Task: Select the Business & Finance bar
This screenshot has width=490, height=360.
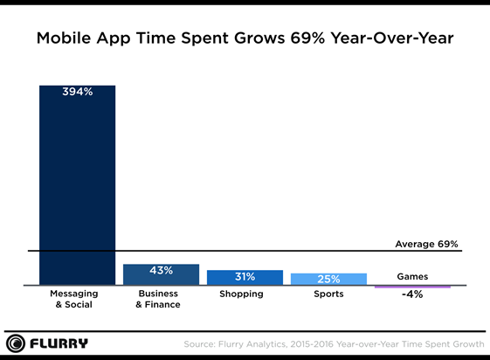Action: point(161,274)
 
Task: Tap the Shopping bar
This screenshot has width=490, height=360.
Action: point(245,277)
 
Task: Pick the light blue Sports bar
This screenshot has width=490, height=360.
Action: point(328,279)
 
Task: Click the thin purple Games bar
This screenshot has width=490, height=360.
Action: point(412,287)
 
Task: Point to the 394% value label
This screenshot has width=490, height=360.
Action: point(77,92)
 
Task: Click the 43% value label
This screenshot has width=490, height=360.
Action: point(161,271)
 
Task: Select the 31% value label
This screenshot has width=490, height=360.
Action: point(245,277)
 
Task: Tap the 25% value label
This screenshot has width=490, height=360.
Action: point(328,279)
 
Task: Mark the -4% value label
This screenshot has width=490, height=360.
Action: point(412,294)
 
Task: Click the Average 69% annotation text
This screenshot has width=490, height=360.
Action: point(426,244)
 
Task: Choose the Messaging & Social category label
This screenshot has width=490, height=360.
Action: point(77,299)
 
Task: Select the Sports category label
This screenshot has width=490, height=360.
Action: point(328,294)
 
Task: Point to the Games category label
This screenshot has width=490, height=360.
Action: point(412,276)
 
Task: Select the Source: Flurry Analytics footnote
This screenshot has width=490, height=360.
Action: point(333,343)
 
